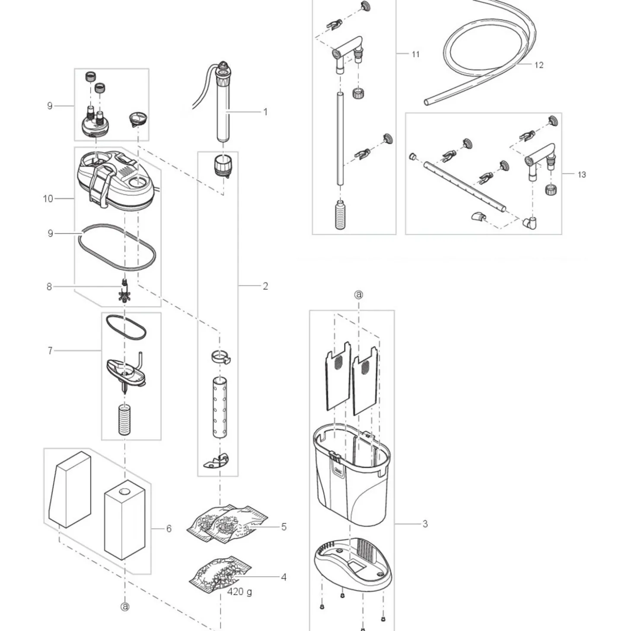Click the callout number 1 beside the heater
point(265,112)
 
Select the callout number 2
point(265,286)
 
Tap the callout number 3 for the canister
point(425,524)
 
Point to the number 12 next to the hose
point(539,65)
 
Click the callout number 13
point(582,175)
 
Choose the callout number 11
point(415,54)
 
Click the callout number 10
point(48,199)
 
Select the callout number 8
point(49,287)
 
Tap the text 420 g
point(239,592)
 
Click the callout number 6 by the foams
point(169,529)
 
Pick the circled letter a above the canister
point(359,295)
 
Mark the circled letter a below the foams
point(125,607)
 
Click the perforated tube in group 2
point(220,408)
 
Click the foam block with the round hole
point(124,521)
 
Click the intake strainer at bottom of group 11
point(340,215)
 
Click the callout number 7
point(50,351)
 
